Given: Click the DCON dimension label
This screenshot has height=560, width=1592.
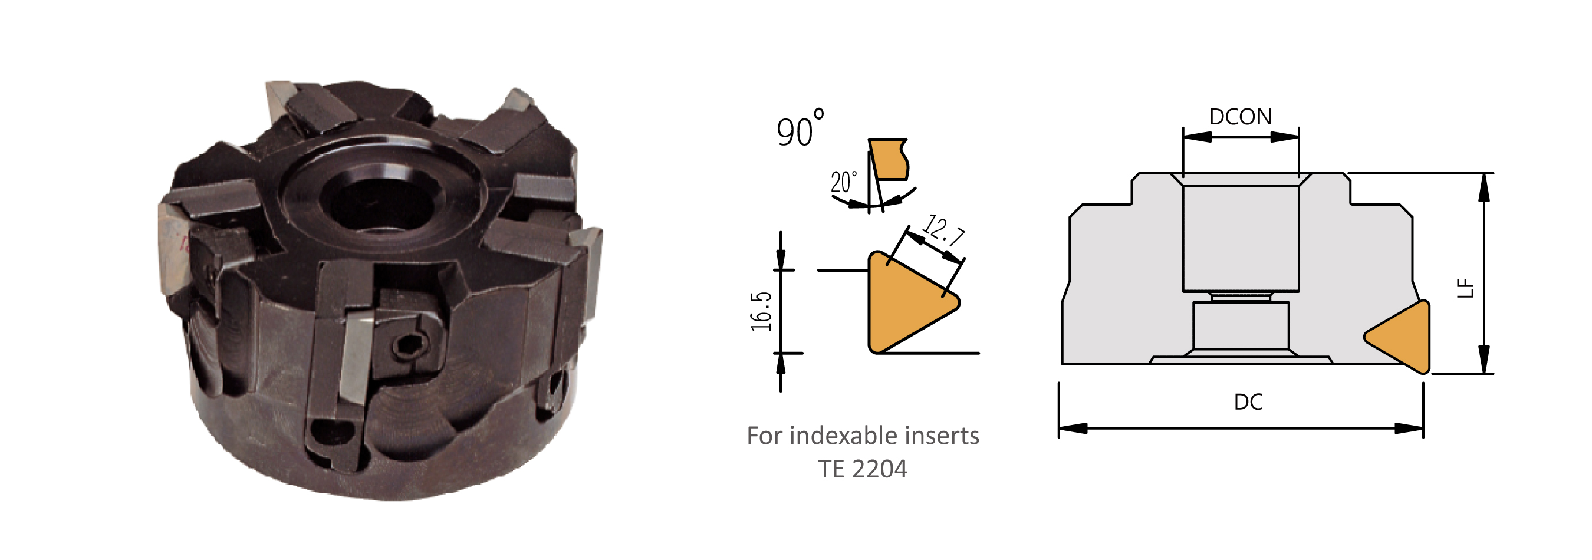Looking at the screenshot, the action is (x=1241, y=117).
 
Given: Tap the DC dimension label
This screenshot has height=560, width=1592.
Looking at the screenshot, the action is (x=1248, y=402).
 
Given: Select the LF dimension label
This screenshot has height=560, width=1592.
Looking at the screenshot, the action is (x=1466, y=288).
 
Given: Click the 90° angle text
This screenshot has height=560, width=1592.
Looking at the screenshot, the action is (x=800, y=129).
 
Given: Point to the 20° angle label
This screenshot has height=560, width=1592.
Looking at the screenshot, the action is (x=844, y=182).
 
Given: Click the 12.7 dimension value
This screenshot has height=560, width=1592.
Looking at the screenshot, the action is (x=943, y=231).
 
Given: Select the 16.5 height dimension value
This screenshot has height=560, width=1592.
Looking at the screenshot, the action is (x=761, y=311).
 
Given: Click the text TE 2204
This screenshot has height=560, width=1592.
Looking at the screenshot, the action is (x=863, y=469).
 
